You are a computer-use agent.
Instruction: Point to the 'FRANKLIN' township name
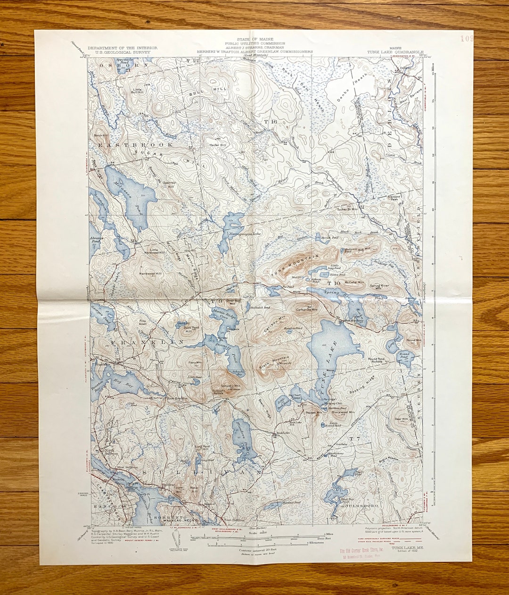pos(140,341)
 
